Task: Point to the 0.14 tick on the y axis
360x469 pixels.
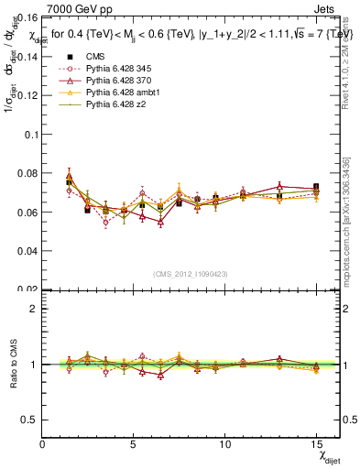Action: [28, 56]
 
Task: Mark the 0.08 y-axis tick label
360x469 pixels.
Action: [28, 173]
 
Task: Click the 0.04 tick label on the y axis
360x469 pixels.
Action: [28, 251]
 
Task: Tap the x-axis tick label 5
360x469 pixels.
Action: [135, 444]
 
